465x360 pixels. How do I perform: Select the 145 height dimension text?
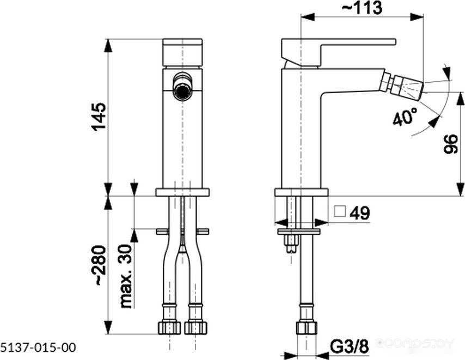click(99, 117)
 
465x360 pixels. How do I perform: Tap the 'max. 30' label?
click(126, 276)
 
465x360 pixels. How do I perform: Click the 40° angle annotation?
click(405, 117)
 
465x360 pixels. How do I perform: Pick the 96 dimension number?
click(451, 144)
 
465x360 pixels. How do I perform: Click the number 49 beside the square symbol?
click(360, 212)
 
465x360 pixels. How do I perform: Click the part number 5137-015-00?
click(38, 347)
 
